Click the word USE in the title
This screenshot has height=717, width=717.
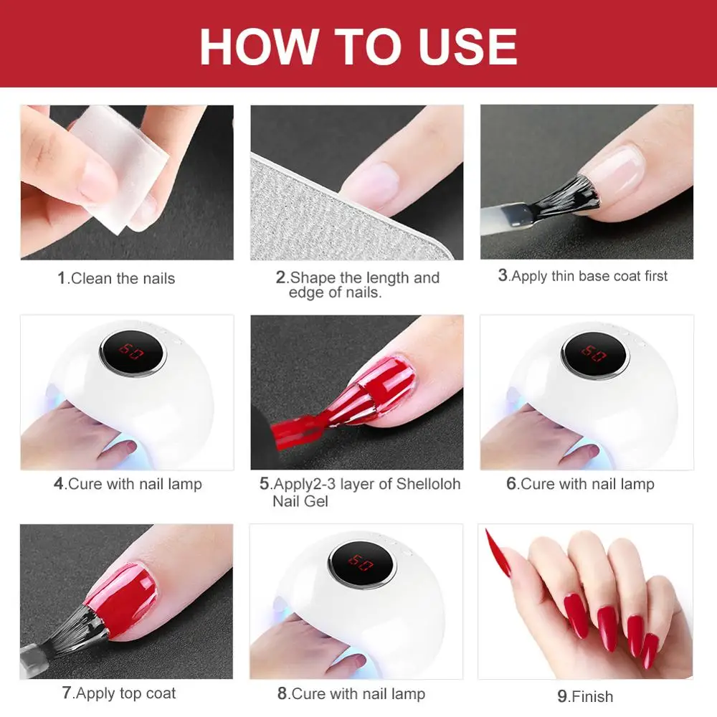(x=467, y=46)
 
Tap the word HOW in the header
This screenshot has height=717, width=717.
(x=260, y=46)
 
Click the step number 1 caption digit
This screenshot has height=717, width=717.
(x=62, y=277)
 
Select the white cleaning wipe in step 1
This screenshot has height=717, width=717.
(x=120, y=167)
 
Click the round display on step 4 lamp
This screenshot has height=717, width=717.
(x=133, y=352)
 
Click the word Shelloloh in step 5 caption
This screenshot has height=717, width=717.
(x=429, y=484)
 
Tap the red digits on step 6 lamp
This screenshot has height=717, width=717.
(x=594, y=353)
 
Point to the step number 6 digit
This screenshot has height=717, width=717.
(x=511, y=483)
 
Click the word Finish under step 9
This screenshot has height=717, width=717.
(x=592, y=696)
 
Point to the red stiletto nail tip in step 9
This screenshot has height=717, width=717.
(x=488, y=532)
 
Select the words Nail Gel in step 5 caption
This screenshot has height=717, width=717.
(x=300, y=501)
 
